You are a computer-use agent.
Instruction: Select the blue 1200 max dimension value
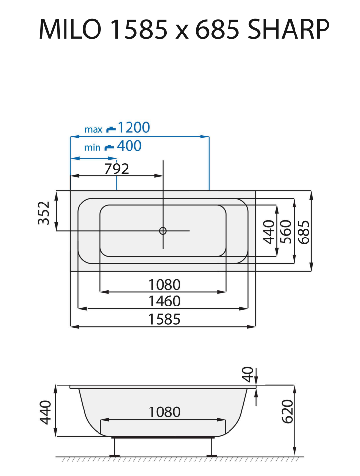click(x=134, y=128)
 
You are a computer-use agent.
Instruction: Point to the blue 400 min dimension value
click(x=129, y=146)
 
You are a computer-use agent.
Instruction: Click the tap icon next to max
click(x=110, y=129)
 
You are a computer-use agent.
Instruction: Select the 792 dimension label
click(x=117, y=169)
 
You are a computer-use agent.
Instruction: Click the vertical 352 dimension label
click(x=45, y=213)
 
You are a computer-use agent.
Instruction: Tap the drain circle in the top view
click(x=163, y=230)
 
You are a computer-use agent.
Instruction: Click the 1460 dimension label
click(x=164, y=301)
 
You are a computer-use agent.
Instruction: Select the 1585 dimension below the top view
click(x=164, y=319)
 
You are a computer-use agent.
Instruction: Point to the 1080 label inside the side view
click(x=164, y=411)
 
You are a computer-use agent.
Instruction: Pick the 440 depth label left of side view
click(x=45, y=412)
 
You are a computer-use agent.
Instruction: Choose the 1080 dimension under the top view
click(x=164, y=284)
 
